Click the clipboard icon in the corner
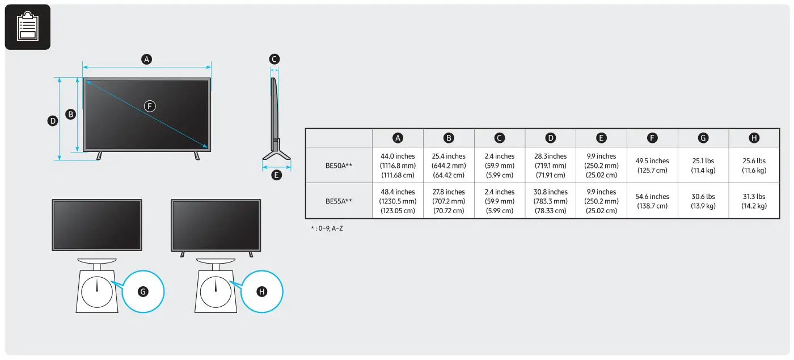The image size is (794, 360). point(27,27)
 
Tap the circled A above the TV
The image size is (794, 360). point(147,59)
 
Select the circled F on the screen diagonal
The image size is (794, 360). point(150,106)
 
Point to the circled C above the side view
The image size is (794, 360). point(274,59)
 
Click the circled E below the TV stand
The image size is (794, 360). point(277,175)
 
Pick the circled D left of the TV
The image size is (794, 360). point(53,121)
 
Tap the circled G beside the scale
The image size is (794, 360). point(143,291)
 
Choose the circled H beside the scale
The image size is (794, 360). point(261,291)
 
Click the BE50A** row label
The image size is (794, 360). point(339,165)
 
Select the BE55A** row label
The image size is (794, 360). point(339,201)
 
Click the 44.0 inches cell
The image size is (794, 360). point(398,165)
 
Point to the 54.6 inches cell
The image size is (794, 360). point(652,201)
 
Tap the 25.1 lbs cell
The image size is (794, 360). point(703,165)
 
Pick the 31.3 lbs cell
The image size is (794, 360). point(754,201)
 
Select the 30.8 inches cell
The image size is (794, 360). point(550,201)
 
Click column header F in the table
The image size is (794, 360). point(652,138)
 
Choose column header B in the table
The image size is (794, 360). point(449,138)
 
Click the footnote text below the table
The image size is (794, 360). point(327,228)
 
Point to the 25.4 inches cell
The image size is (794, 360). point(449,165)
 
